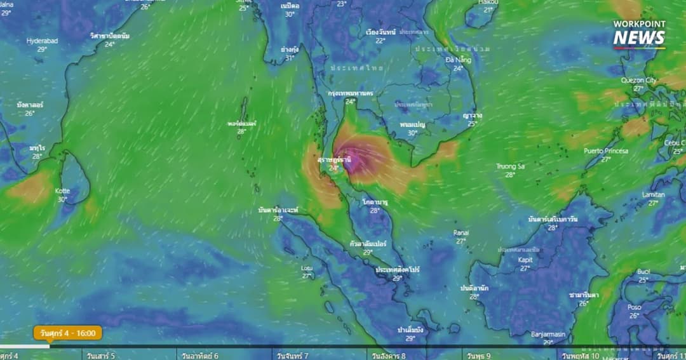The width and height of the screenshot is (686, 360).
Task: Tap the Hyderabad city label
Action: pos(42,41)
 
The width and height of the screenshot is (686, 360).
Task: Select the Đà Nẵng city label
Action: pos(458,60)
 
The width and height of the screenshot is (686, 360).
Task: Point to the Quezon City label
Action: pos(639,81)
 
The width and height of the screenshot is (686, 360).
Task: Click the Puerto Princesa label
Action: pos(605,151)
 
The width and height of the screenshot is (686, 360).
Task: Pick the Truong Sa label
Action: pos(510,166)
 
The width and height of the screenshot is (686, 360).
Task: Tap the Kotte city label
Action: pos(62,191)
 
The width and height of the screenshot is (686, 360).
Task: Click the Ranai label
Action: pos(461,233)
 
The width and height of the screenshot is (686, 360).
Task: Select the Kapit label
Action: pos(525,260)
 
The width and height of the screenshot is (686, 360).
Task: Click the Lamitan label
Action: pos(653,195)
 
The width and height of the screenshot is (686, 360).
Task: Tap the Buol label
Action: pos(643,272)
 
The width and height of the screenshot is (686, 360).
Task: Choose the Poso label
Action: pos(634,307)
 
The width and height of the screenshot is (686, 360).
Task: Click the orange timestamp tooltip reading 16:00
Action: pos(68,333)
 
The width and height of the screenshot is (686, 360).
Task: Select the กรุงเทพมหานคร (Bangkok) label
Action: pos(350,93)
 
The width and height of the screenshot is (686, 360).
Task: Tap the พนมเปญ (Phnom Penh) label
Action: pos(412,124)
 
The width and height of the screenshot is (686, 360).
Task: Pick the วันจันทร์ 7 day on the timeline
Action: pos(292,356)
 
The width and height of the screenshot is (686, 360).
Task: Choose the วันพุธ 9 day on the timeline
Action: pos(479,356)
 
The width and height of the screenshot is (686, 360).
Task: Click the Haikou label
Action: pos(488,3)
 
